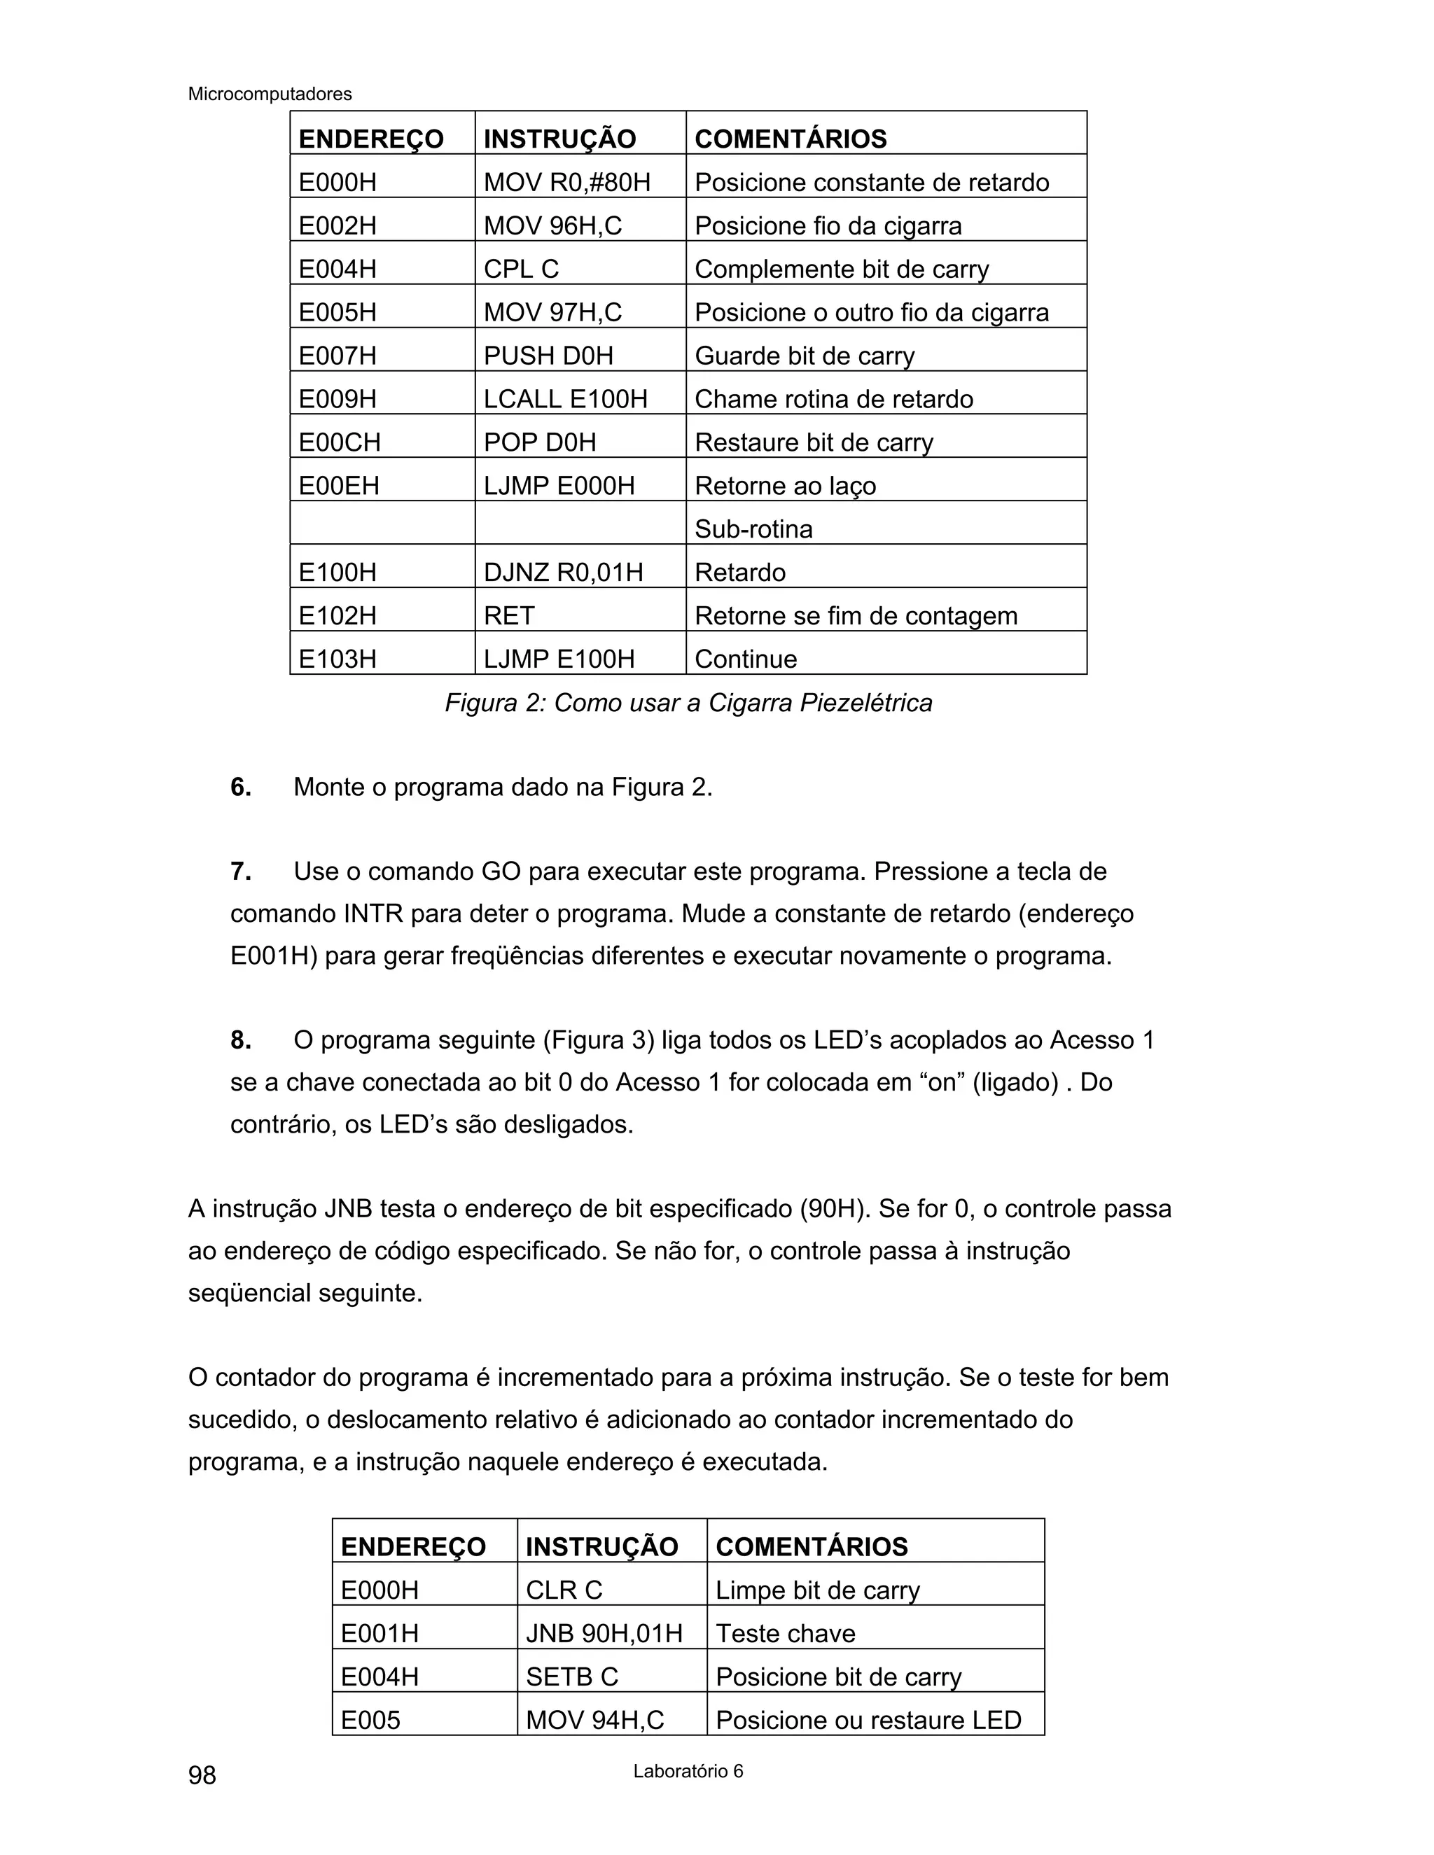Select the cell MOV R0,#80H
click(566, 182)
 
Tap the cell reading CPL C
click(521, 268)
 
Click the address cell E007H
click(337, 355)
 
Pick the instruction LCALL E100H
click(565, 398)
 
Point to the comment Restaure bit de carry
click(813, 442)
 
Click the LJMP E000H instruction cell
click(559, 485)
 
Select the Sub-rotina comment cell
click(753, 528)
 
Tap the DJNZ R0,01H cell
click(563, 572)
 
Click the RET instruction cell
click(509, 615)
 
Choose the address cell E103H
click(337, 658)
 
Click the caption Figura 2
click(688, 702)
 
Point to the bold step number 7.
click(240, 871)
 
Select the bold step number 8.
click(240, 1039)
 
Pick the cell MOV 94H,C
click(594, 1719)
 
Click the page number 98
click(202, 1774)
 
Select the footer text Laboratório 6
click(688, 1771)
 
